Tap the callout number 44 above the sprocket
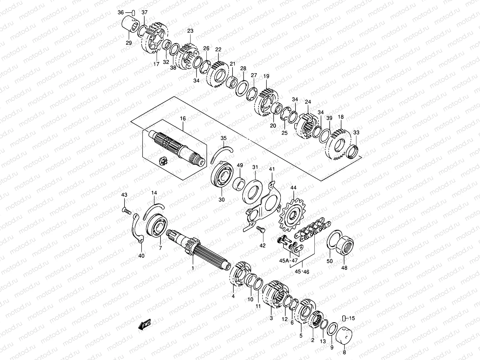293,188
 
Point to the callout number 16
183,119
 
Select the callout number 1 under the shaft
193,268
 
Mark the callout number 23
190,31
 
